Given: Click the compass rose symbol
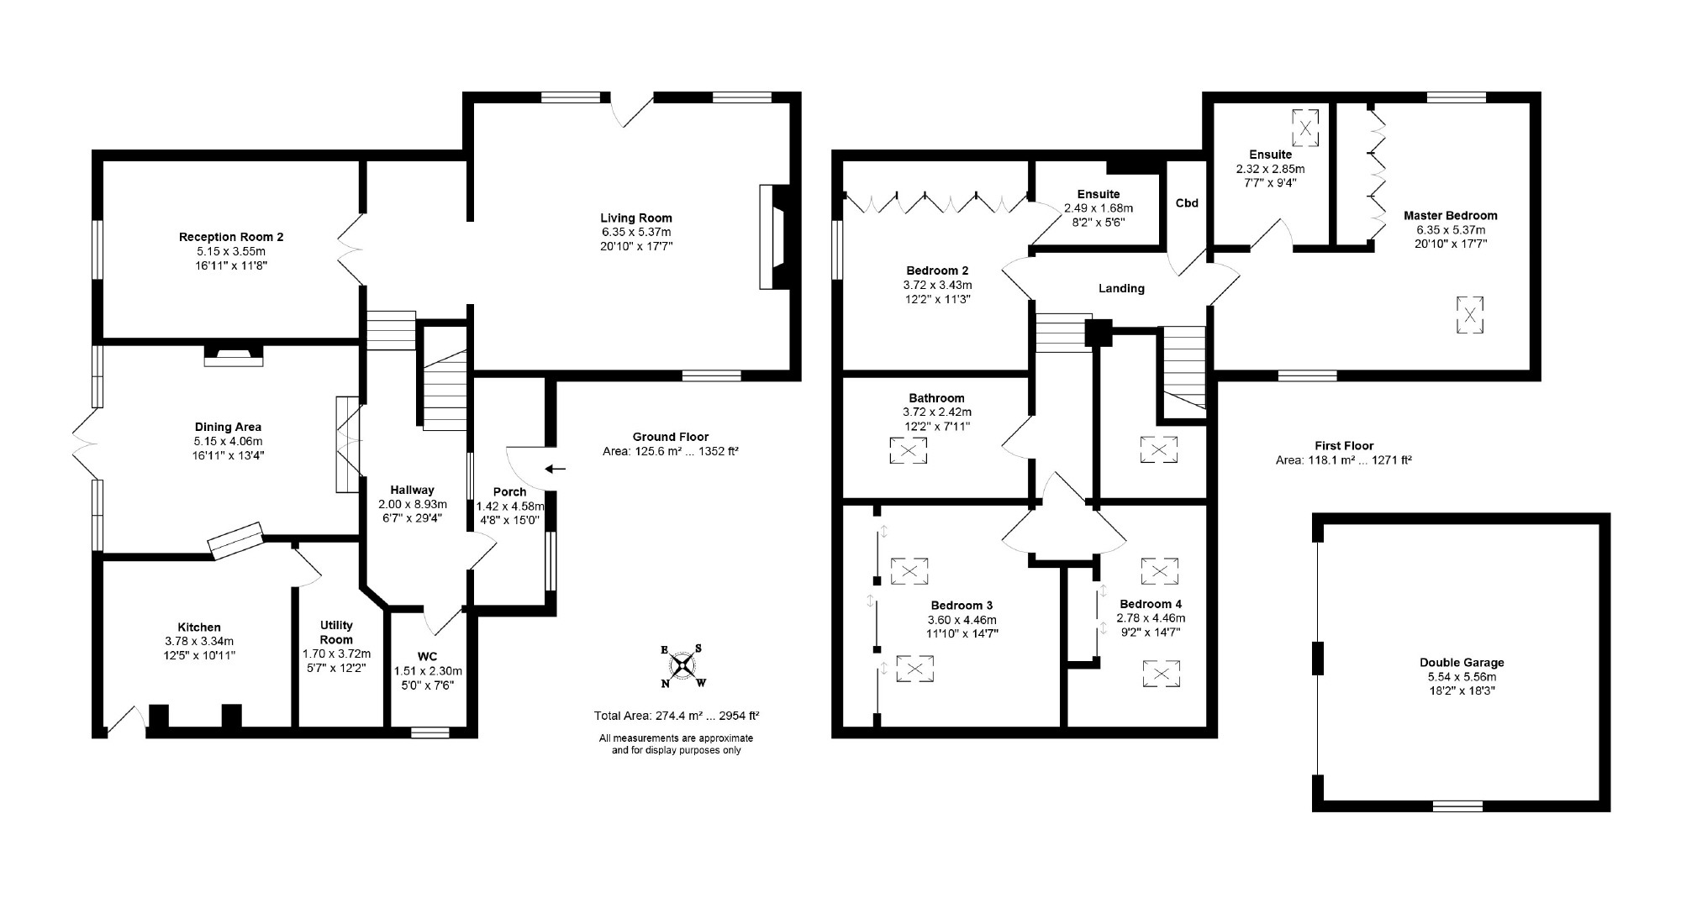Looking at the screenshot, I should [x=682, y=665].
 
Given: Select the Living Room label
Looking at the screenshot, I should [x=635, y=218].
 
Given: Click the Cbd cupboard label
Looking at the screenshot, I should [x=1186, y=203].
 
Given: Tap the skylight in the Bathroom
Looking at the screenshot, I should [x=908, y=451].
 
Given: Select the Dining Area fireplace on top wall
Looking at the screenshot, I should [x=234, y=356].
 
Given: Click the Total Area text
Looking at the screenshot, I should [x=676, y=716].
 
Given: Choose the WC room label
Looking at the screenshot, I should [x=427, y=656].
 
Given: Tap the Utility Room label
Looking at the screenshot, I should [x=336, y=632].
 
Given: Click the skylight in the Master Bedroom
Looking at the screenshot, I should [x=1470, y=316].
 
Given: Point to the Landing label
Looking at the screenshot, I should [x=1121, y=288].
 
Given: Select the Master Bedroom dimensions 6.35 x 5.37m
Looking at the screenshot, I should [x=1450, y=229].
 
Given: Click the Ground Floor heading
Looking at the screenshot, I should [x=670, y=437].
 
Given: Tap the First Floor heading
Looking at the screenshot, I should [x=1343, y=446].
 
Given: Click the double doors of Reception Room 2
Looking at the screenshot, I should [x=349, y=250].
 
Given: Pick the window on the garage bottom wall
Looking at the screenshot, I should [x=1457, y=806].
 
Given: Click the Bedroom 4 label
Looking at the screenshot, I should [x=1150, y=604].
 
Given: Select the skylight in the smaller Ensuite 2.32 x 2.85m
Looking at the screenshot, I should [x=1304, y=129].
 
